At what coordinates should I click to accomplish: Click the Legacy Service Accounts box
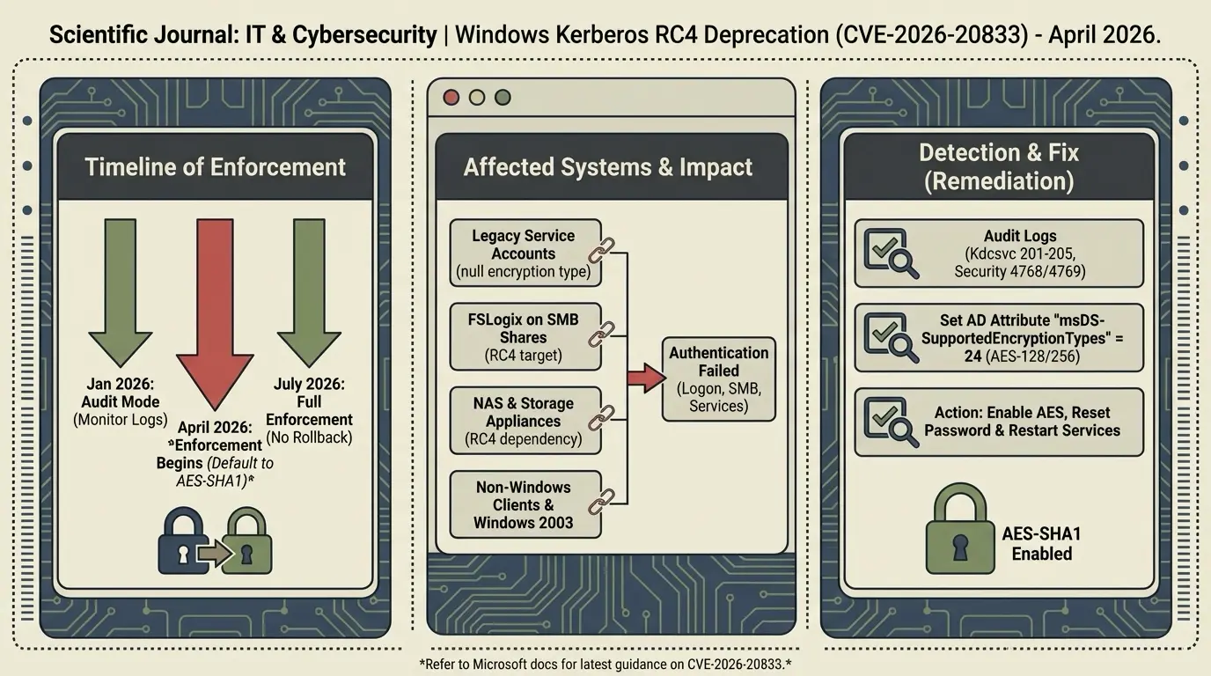[525, 253]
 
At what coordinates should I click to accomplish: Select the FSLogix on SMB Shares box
[525, 337]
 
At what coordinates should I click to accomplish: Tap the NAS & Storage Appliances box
[525, 421]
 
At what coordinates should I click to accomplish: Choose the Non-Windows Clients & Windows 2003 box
[525, 504]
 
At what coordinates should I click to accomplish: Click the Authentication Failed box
[719, 378]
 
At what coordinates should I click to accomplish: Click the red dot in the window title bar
[451, 97]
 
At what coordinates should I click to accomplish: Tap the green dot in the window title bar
[503, 97]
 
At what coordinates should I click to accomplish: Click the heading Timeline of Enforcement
[216, 166]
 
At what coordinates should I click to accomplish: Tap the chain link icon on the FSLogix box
[605, 332]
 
